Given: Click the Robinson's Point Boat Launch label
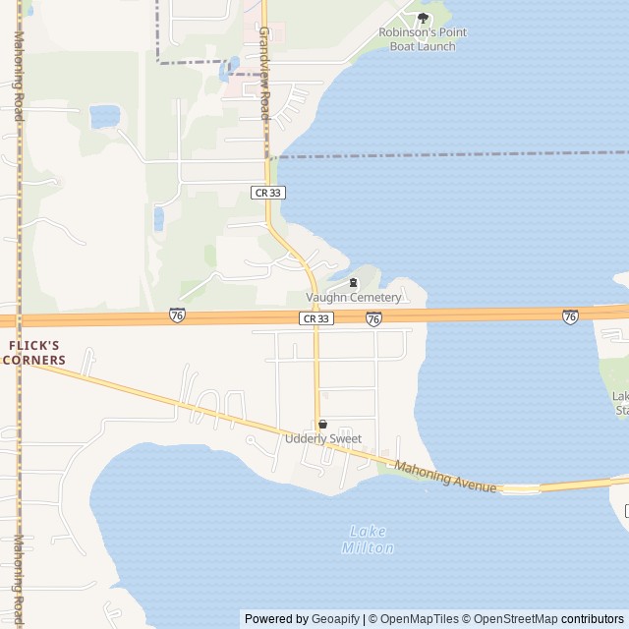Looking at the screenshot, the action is pyautogui.click(x=423, y=38).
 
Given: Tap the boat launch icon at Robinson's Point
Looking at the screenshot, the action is pyautogui.click(x=424, y=18).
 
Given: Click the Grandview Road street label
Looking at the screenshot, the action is pyautogui.click(x=264, y=74).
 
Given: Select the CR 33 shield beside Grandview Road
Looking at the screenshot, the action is pyautogui.click(x=268, y=193).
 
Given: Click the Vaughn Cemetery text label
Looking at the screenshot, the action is pyautogui.click(x=354, y=298).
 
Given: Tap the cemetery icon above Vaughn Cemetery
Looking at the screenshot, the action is pyautogui.click(x=354, y=284).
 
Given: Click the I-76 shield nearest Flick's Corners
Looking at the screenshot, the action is pyautogui.click(x=177, y=314).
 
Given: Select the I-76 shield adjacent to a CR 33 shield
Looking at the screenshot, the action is pyautogui.click(x=373, y=318).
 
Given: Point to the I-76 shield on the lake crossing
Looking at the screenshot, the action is pyautogui.click(x=570, y=315).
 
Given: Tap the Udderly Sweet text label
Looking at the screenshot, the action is pyautogui.click(x=323, y=439).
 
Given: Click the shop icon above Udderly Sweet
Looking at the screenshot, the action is pyautogui.click(x=322, y=424).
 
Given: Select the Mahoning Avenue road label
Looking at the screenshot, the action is pyautogui.click(x=445, y=477).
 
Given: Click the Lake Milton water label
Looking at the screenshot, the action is pyautogui.click(x=369, y=540).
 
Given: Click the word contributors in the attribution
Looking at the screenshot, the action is pyautogui.click(x=592, y=619).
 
